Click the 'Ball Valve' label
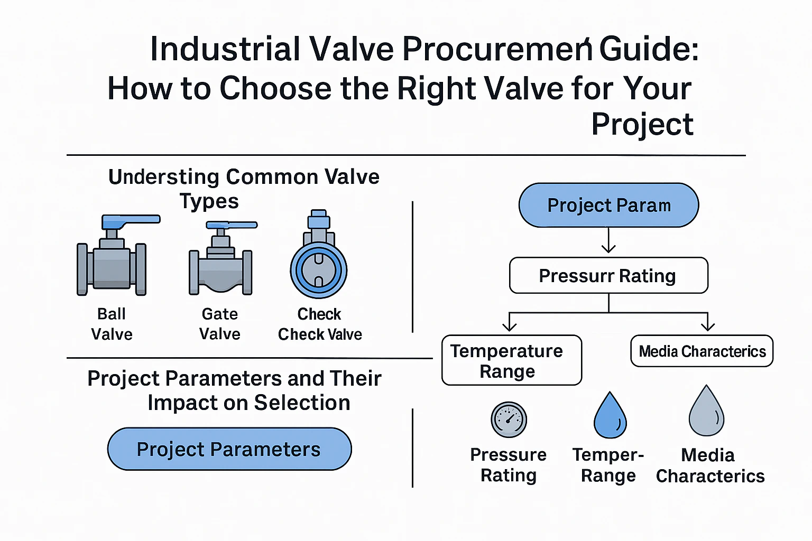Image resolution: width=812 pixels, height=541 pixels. [x=112, y=324]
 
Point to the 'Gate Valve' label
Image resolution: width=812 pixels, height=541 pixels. [x=220, y=324]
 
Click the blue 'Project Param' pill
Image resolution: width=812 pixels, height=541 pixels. [x=608, y=205]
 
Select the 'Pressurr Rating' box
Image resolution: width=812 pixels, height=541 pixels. [x=608, y=275]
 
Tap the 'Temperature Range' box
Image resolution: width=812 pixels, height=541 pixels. [x=512, y=360]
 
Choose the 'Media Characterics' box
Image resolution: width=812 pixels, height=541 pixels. [x=702, y=351]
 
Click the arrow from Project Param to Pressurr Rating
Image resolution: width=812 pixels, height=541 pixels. [x=608, y=240]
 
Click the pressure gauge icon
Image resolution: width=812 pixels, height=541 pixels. [x=509, y=419]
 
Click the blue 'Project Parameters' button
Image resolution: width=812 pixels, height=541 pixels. [x=229, y=449]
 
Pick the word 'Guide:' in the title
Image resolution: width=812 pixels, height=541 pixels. [x=649, y=49]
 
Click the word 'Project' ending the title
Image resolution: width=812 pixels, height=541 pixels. [x=642, y=124]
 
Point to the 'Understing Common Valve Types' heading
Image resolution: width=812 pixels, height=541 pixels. [x=244, y=189]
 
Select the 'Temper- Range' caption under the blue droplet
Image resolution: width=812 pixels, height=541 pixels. [x=608, y=465]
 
